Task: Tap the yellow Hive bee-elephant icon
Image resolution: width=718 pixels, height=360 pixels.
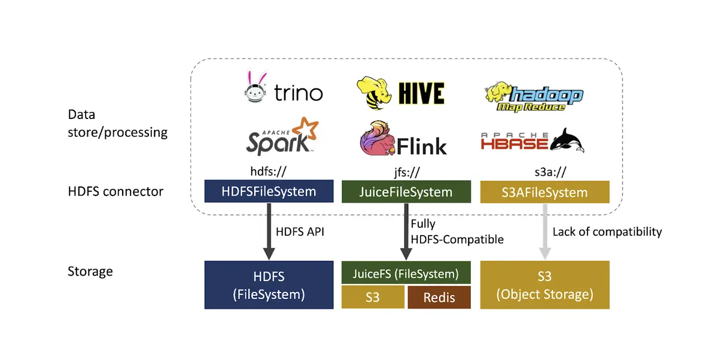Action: click(x=374, y=93)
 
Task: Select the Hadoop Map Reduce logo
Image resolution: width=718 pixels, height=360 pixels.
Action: click(x=534, y=97)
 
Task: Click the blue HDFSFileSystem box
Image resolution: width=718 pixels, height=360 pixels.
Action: click(x=269, y=191)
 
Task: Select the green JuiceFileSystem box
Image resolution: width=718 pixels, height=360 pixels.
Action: click(x=406, y=192)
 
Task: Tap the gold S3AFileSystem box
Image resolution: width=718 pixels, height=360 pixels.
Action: click(x=544, y=192)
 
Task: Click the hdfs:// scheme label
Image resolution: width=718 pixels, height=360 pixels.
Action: click(x=268, y=172)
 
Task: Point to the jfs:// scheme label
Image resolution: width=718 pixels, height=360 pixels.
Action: click(x=407, y=172)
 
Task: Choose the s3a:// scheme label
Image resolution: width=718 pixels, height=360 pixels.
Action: click(x=550, y=172)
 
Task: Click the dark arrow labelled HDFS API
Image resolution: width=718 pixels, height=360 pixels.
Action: click(x=269, y=231)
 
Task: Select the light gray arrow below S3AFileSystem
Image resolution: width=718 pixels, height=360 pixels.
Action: click(x=545, y=232)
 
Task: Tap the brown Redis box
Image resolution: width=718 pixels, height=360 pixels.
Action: click(x=439, y=298)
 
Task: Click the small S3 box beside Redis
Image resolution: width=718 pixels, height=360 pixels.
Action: click(x=373, y=298)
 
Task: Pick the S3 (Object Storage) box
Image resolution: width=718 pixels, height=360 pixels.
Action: click(x=544, y=285)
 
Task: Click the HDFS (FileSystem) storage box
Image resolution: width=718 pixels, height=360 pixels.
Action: click(x=269, y=285)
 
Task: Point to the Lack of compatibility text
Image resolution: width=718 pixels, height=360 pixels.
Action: click(x=607, y=232)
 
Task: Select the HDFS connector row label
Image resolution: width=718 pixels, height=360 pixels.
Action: click(x=115, y=191)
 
